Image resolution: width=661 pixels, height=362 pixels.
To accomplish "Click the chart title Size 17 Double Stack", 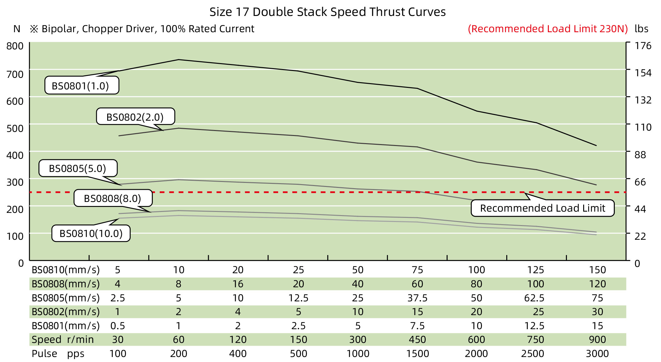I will tap(327, 12).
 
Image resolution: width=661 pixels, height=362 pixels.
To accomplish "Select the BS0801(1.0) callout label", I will tap(82, 85).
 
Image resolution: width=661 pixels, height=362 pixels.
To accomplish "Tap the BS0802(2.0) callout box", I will tap(135, 117).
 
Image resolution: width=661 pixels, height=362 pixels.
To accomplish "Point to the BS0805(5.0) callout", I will tap(78, 168).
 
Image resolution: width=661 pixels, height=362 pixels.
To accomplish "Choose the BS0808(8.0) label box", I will tap(113, 198).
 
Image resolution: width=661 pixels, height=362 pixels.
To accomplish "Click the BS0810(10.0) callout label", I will tap(91, 233).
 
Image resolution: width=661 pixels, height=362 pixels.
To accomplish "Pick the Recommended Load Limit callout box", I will tap(543, 208).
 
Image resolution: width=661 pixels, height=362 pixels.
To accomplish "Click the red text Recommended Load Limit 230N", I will tap(548, 29).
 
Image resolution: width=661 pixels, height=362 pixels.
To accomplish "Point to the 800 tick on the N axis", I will tap(15, 46).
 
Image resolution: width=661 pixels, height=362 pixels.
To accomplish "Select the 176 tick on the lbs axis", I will tap(643, 46).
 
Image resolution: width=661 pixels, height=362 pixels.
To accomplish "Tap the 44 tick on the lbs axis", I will tap(640, 209).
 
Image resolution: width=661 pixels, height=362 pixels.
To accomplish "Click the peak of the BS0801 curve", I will tap(178, 59).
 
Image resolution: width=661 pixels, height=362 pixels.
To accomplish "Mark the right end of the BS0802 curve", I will tap(596, 185).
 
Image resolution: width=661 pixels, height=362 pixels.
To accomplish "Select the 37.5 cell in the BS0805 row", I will tap(417, 298).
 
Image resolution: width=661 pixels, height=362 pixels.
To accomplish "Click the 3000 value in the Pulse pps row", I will tap(597, 354).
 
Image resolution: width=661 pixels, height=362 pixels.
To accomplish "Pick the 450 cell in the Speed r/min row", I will tap(417, 339).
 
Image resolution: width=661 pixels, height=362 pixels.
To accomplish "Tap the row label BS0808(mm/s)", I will tap(66, 284).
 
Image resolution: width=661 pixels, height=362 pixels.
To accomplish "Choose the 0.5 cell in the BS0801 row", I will tap(118, 326).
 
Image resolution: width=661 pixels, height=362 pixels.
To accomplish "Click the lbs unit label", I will tap(642, 29).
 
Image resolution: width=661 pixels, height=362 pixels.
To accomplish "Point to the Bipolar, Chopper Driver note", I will tap(142, 29).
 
